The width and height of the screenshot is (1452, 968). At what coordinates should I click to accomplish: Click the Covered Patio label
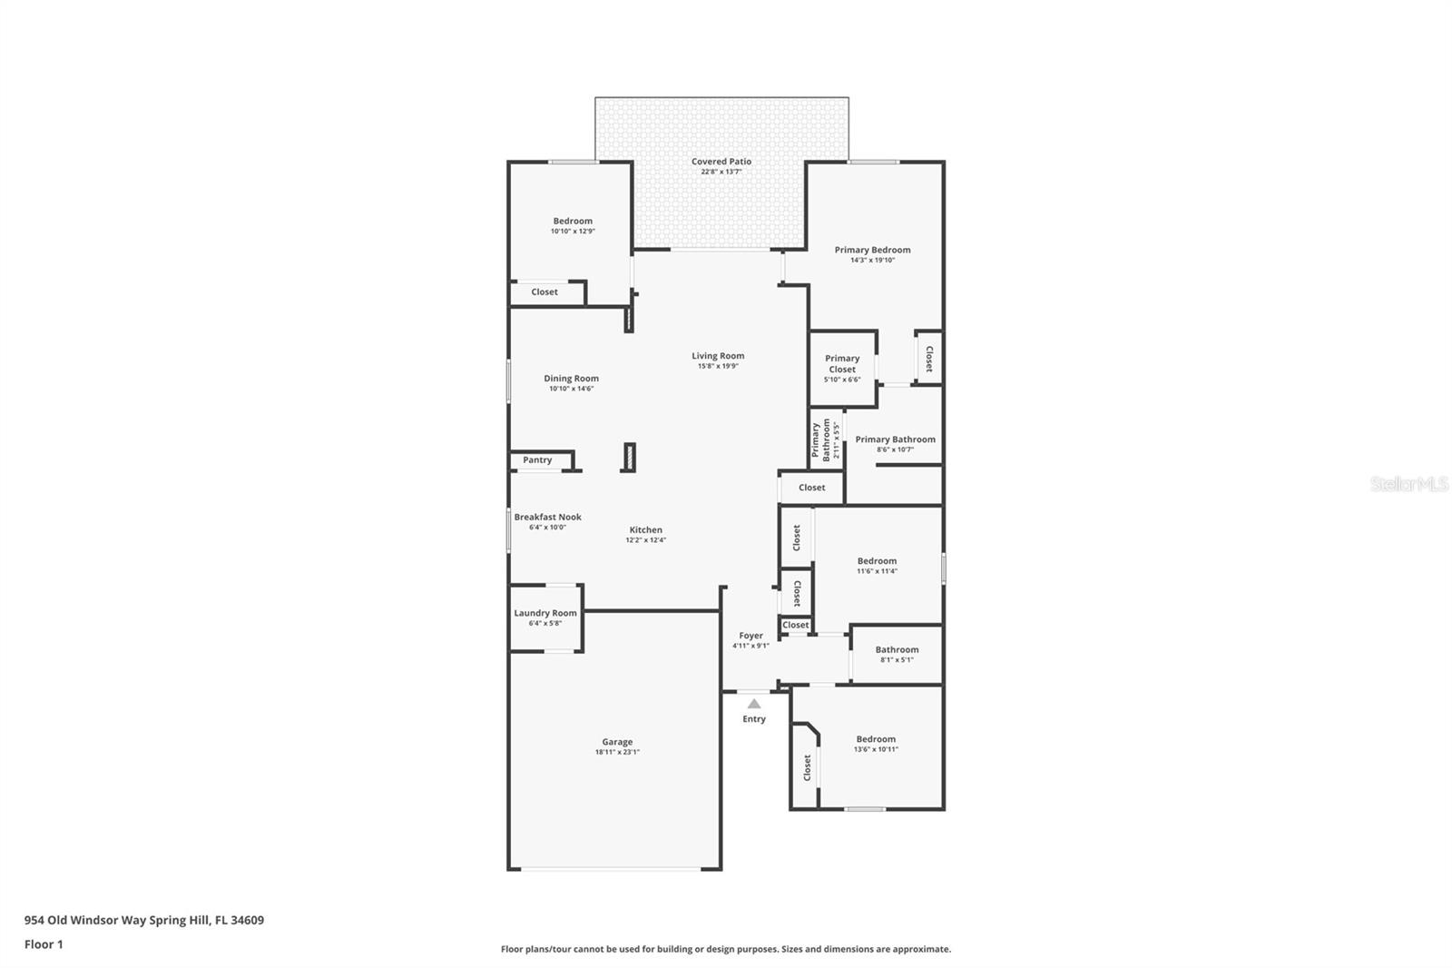coord(721,162)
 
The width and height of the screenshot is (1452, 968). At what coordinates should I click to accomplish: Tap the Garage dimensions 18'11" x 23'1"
coord(617,752)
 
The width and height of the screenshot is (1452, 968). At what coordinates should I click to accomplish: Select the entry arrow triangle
coord(754,703)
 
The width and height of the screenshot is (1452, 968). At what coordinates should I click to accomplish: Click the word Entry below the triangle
coord(754,719)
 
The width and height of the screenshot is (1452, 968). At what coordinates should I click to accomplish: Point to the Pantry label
coord(537,460)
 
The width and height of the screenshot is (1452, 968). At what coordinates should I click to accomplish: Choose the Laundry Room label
coord(545,613)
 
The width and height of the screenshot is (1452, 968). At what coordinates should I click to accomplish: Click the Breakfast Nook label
coord(548,517)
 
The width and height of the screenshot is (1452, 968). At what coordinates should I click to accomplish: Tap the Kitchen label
coord(645,530)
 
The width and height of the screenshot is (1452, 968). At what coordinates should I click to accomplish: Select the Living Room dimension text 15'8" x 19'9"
coord(718,366)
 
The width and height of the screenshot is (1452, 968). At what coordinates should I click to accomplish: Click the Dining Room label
coord(571,379)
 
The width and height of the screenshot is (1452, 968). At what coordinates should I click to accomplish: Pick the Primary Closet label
coord(842,364)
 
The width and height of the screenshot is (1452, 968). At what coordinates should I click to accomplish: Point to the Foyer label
coord(751,636)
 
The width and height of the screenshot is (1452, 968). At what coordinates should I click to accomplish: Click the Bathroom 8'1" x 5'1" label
coord(898,649)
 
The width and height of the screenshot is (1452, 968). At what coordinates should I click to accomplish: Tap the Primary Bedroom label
coord(872,250)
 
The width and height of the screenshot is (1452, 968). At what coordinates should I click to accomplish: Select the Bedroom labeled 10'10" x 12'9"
coord(573,222)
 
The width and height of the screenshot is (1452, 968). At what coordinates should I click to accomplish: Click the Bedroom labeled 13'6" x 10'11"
coord(876,739)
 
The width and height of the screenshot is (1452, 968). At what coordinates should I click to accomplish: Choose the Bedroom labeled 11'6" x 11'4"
coord(877,561)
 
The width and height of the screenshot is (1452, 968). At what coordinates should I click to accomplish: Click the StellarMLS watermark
coord(1408,483)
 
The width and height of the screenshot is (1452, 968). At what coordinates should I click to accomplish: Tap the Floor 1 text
coord(44,944)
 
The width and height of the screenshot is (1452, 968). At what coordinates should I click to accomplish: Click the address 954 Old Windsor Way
coord(85,920)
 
